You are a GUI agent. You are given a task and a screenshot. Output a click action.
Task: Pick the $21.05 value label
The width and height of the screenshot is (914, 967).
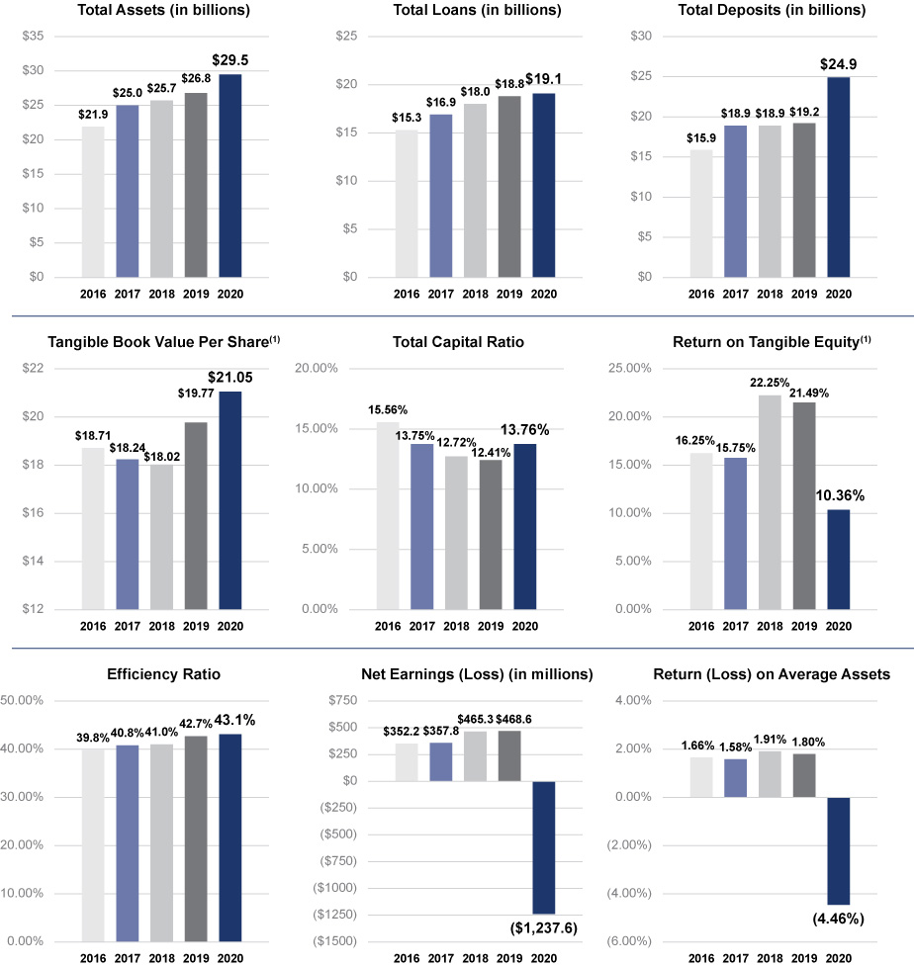point(231,376)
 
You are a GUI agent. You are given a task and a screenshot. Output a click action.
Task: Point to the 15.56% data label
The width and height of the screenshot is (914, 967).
point(388,409)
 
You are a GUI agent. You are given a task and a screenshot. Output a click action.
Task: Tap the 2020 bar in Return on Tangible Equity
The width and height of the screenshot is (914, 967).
point(839,559)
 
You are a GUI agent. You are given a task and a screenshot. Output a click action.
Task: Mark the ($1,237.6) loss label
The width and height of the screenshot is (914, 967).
point(543,926)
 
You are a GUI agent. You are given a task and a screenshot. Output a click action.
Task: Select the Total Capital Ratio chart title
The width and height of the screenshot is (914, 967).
point(458,342)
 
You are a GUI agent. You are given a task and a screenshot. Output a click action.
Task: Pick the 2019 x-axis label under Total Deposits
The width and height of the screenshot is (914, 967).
point(804,294)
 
